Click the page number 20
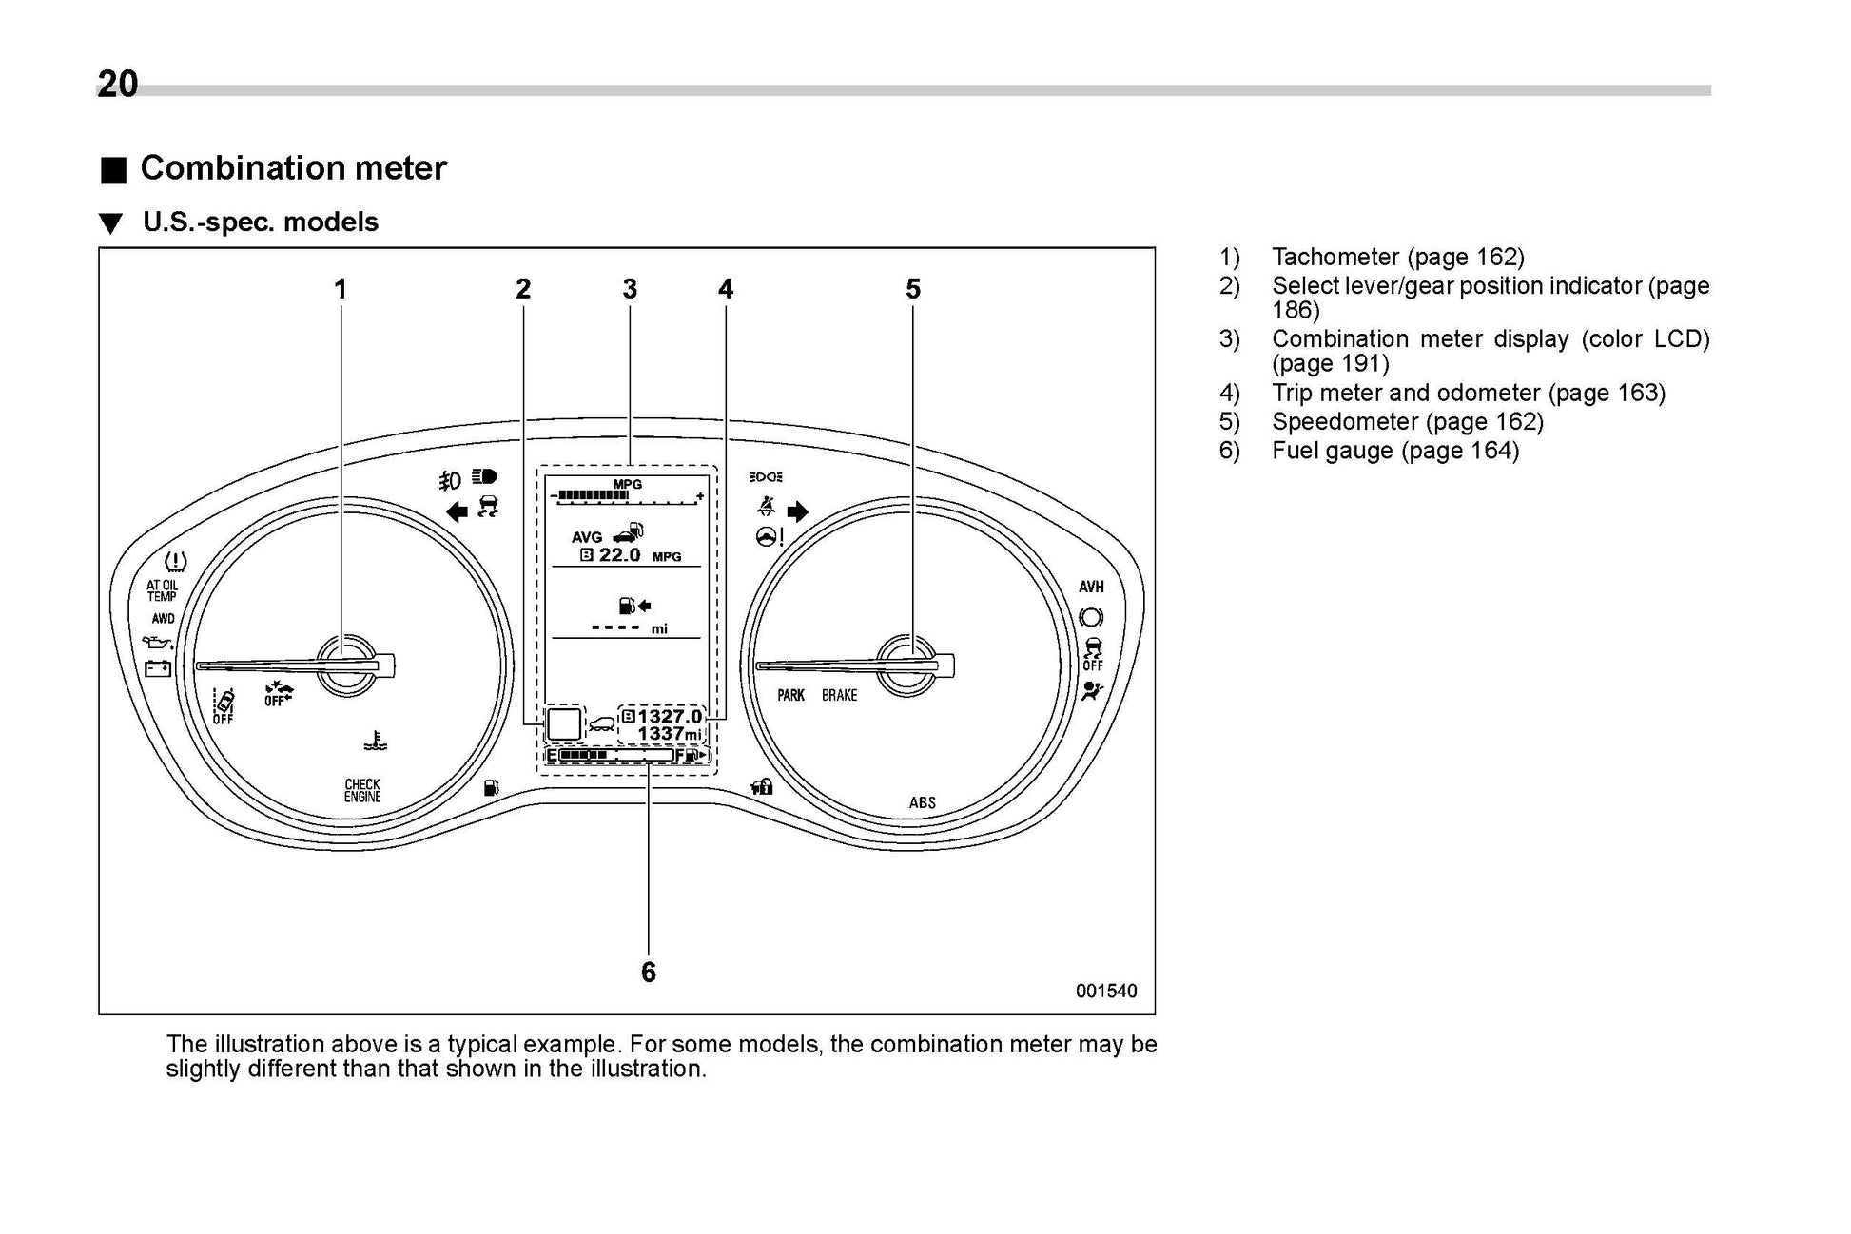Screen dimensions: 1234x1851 (x=118, y=85)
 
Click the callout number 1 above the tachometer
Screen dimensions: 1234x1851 (x=340, y=289)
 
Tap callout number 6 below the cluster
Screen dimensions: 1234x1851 (x=648, y=972)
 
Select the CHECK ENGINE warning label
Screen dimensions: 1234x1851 (x=362, y=791)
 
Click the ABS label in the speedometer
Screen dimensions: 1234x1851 (x=922, y=803)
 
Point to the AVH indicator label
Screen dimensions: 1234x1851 (x=1091, y=588)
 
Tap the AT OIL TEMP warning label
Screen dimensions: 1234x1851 (x=162, y=591)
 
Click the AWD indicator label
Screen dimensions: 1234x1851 (x=163, y=619)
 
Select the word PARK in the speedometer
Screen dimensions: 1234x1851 (x=790, y=696)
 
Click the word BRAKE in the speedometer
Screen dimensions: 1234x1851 (x=839, y=696)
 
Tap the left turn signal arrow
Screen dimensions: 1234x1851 (x=457, y=512)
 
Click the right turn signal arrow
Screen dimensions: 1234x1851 (x=797, y=512)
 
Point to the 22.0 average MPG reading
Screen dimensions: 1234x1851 (x=619, y=555)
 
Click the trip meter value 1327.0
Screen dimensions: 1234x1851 (x=670, y=716)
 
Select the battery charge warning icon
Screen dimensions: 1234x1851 (x=158, y=668)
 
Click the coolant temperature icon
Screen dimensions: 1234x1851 (x=379, y=741)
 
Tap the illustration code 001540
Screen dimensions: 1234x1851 (x=1106, y=992)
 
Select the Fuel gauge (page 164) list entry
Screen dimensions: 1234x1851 (x=1394, y=451)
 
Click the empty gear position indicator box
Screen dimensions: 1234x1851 (x=564, y=724)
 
